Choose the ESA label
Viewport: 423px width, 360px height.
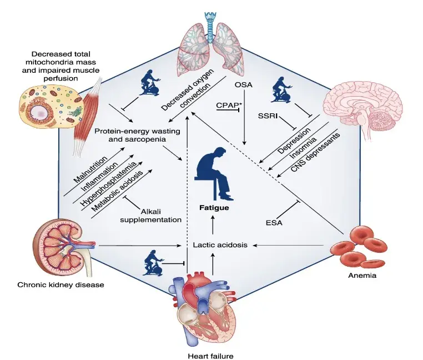[274, 223]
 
